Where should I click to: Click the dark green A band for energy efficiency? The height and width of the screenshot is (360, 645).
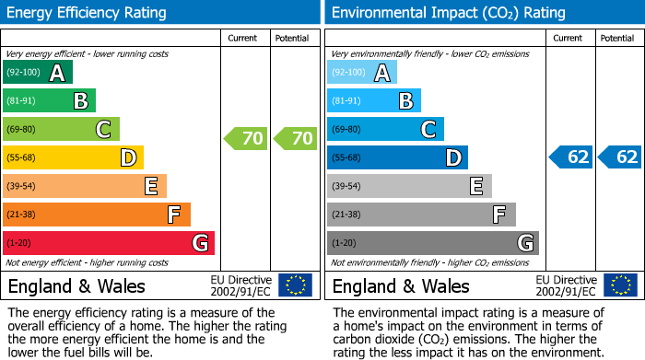(x=38, y=73)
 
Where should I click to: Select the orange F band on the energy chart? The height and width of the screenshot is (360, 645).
(x=97, y=215)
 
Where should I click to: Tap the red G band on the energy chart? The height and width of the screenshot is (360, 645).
(x=109, y=243)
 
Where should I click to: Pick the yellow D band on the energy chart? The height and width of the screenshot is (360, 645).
(x=73, y=157)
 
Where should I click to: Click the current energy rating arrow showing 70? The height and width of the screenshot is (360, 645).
(x=246, y=139)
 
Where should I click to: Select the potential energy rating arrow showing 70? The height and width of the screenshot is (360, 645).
(x=295, y=139)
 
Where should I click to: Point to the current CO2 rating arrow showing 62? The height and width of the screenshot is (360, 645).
(x=570, y=157)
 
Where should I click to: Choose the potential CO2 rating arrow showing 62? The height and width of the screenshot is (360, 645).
(x=619, y=157)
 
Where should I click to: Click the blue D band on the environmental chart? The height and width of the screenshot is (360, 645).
(x=397, y=157)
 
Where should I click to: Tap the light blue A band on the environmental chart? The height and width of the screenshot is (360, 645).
(x=362, y=73)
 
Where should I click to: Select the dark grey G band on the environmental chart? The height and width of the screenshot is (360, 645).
(x=433, y=243)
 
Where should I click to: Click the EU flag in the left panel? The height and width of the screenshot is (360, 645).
(x=295, y=285)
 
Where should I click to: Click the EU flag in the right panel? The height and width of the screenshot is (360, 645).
(x=619, y=285)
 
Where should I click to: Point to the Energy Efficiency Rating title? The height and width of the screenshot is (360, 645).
(x=88, y=13)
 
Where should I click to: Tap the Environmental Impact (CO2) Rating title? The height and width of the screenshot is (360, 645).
(x=448, y=13)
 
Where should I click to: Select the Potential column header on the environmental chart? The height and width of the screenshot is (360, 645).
(x=616, y=38)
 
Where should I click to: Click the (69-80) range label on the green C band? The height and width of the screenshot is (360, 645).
(x=23, y=130)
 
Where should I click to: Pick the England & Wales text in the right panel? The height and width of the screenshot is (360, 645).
(x=401, y=285)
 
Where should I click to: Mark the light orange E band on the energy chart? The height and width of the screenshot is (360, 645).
(x=85, y=186)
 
